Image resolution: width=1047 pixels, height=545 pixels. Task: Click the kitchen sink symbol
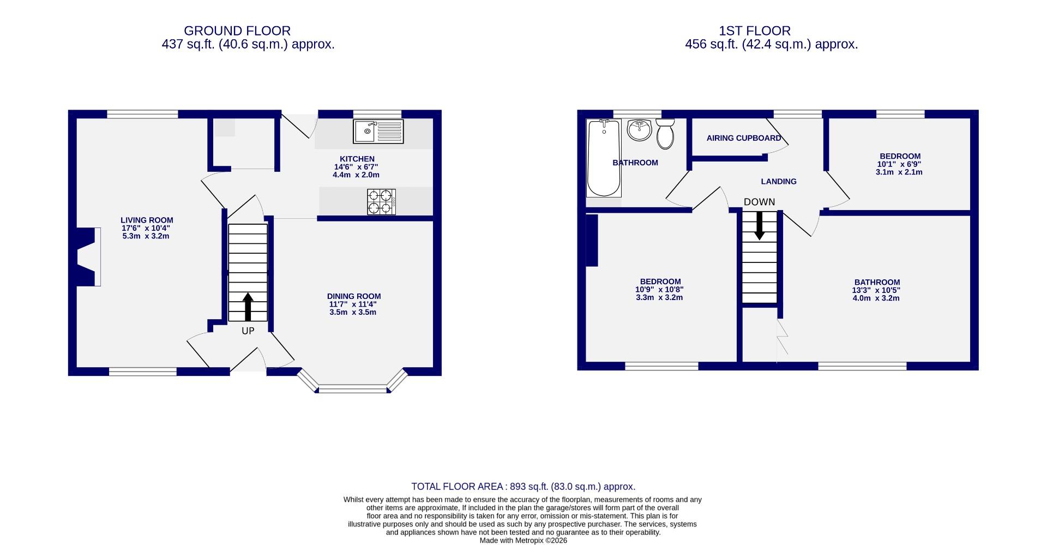pos(378,131)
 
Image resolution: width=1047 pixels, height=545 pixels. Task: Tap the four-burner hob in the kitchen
pos(381,201)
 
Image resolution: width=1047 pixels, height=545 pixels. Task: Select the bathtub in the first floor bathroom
pos(604,158)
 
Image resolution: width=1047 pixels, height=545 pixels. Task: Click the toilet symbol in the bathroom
pos(665,134)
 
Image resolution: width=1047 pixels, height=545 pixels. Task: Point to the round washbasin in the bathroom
pos(639,130)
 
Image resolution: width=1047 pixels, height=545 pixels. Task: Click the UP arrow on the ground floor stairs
pos(248,307)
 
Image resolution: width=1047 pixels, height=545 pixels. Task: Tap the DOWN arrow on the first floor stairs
pos(759,225)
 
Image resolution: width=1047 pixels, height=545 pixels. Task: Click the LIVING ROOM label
pos(147,220)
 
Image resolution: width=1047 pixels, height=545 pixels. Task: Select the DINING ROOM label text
pos(354,296)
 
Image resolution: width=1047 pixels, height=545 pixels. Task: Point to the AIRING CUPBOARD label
pos(743,138)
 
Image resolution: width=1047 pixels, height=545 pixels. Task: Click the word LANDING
pos(778,182)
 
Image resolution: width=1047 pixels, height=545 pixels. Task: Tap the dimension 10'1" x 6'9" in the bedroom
pos(899,164)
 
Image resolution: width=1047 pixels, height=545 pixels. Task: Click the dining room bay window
pos(353,389)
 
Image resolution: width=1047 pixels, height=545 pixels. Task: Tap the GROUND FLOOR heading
pos(237,31)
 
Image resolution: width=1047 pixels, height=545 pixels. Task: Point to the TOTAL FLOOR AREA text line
pos(523,487)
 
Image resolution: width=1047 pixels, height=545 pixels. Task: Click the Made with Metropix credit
pos(523,541)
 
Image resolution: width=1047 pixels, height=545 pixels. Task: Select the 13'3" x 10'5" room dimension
pos(876,290)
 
